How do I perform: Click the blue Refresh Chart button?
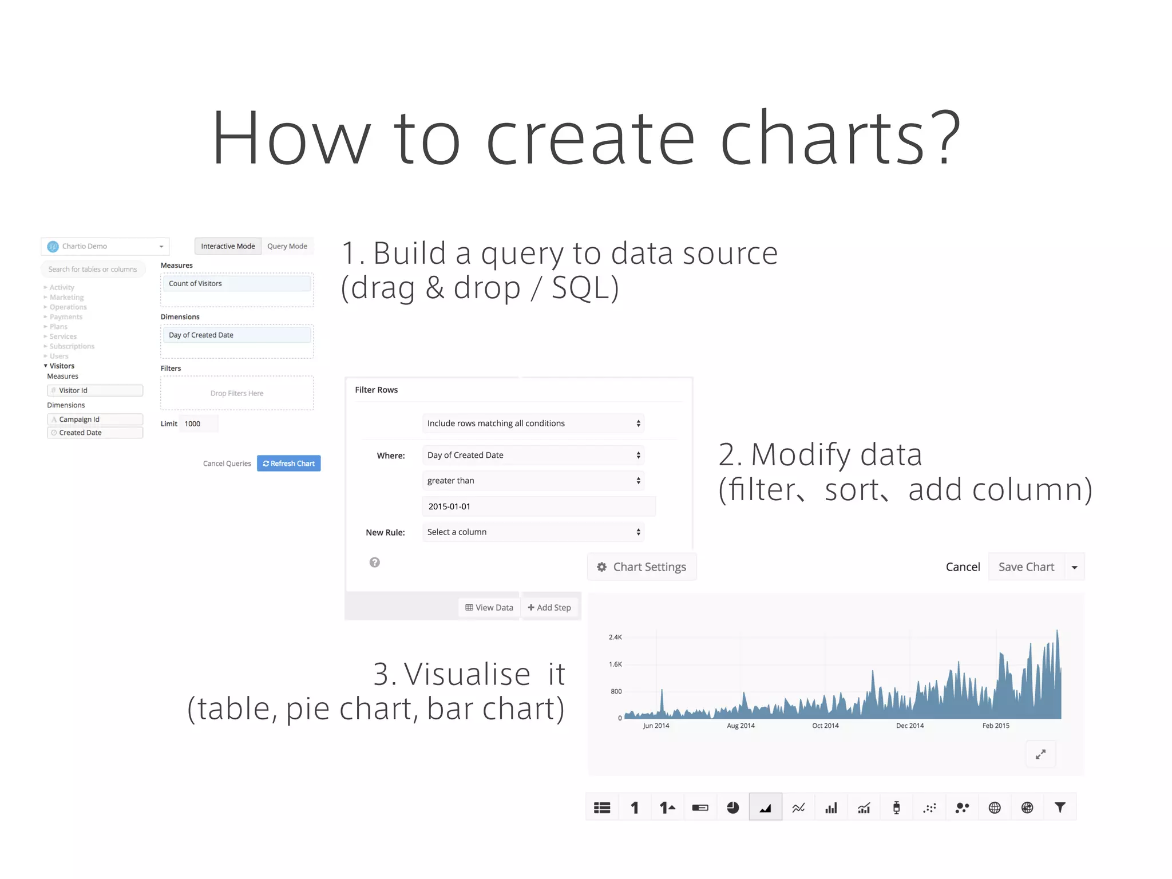point(288,463)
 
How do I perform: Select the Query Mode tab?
point(287,246)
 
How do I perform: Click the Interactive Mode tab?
point(228,246)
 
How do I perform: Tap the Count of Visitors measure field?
point(237,283)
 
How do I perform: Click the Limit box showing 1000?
point(198,423)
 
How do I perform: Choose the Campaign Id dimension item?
point(95,419)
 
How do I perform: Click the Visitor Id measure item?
point(95,390)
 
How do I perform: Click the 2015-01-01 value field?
point(538,506)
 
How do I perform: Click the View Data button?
point(489,607)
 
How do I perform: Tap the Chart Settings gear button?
point(642,567)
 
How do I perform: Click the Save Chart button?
point(1026,567)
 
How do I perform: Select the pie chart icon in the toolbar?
point(732,807)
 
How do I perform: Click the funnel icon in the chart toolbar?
point(1060,807)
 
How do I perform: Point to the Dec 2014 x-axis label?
point(909,725)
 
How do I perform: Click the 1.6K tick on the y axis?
point(615,664)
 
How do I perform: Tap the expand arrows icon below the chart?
point(1040,754)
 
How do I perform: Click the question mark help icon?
point(374,562)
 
